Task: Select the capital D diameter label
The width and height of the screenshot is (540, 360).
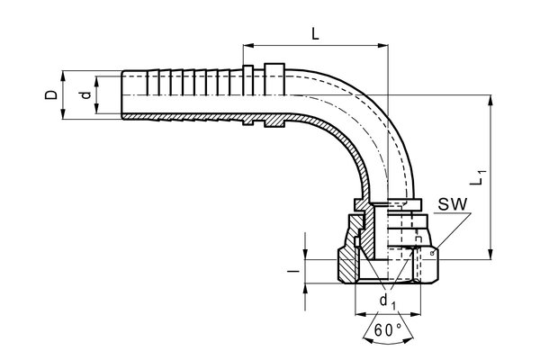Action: [x=52, y=94]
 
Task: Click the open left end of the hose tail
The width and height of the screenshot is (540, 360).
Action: [x=121, y=94]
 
